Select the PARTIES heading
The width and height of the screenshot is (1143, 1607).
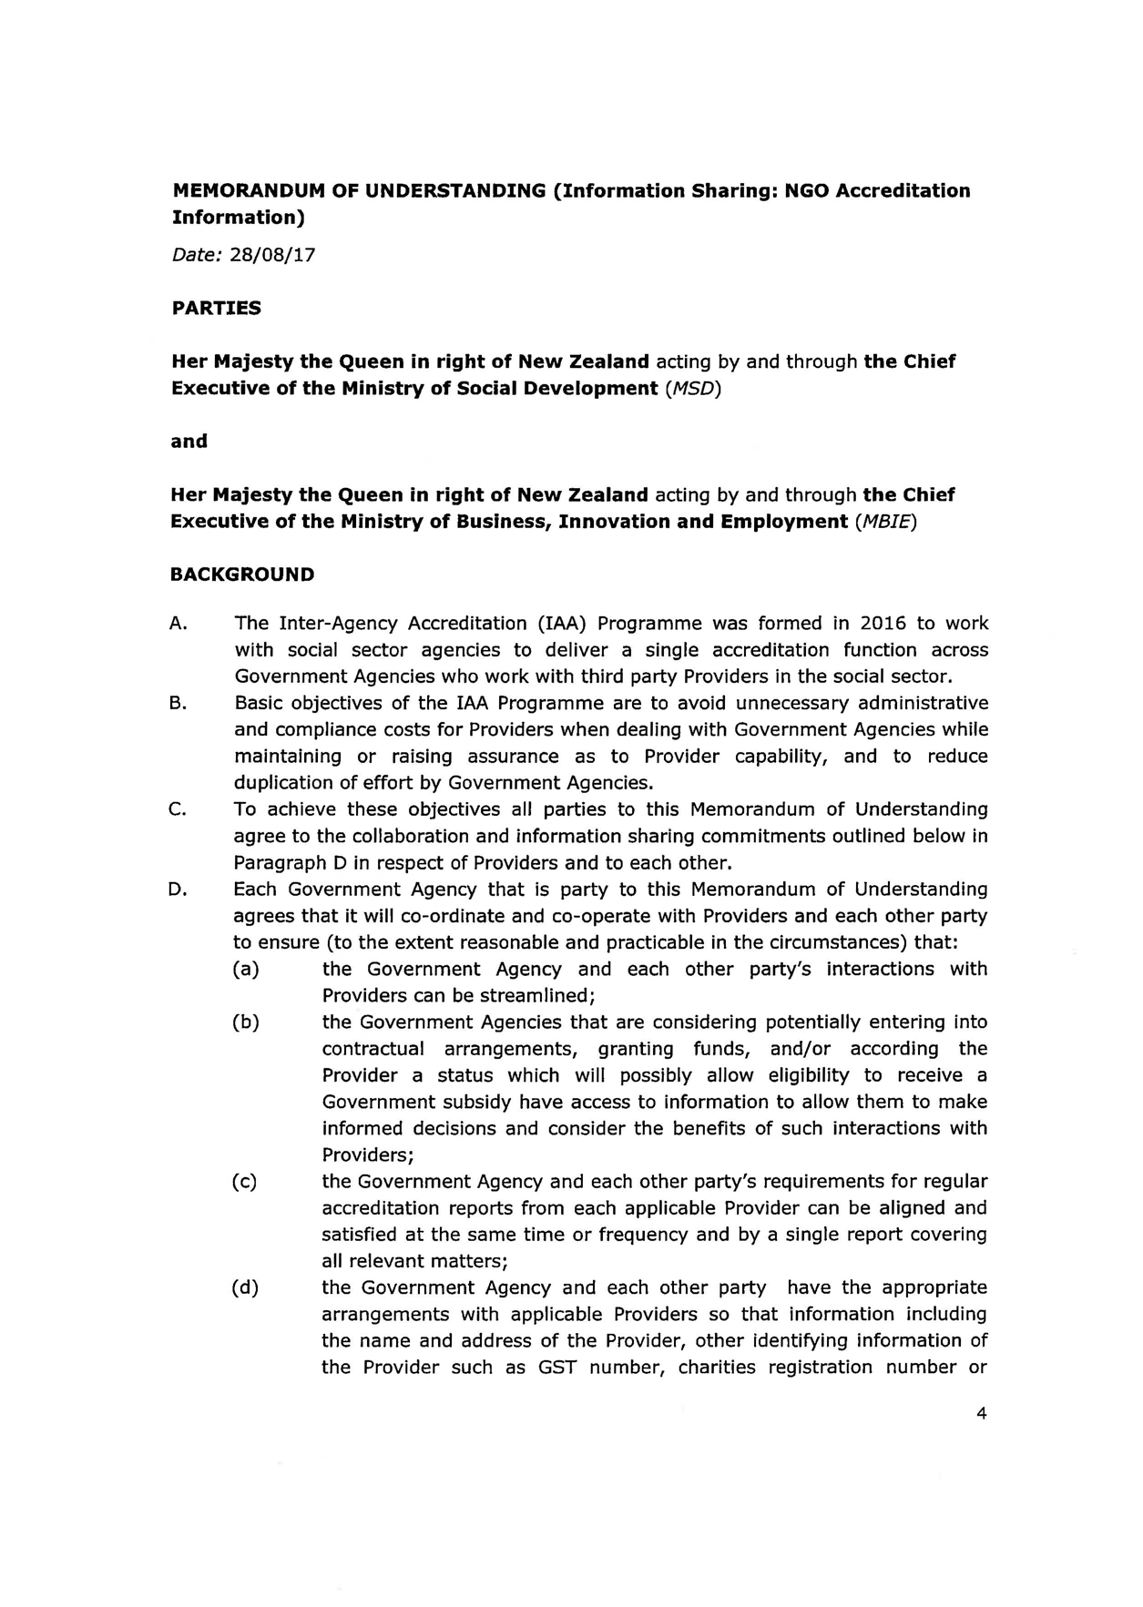216,308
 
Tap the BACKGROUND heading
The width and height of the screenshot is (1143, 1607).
242,575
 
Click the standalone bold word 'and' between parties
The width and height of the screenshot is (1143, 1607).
189,442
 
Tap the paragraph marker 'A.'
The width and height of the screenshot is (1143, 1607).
179,624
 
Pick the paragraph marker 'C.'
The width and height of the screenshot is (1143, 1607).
179,809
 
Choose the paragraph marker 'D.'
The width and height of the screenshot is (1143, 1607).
179,890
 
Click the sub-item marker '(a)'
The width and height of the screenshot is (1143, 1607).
246,970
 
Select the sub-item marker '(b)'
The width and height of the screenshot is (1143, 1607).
246,1022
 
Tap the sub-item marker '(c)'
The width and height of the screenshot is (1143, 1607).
245,1182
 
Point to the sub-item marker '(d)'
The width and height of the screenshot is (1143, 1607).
246,1288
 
